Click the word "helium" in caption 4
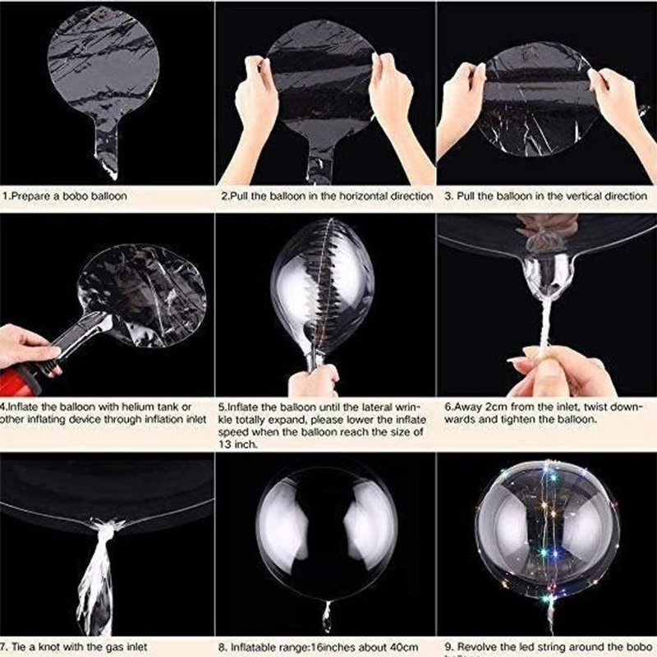tap(132, 406)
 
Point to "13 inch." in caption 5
tap(241, 443)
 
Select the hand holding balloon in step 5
tap(313, 379)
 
